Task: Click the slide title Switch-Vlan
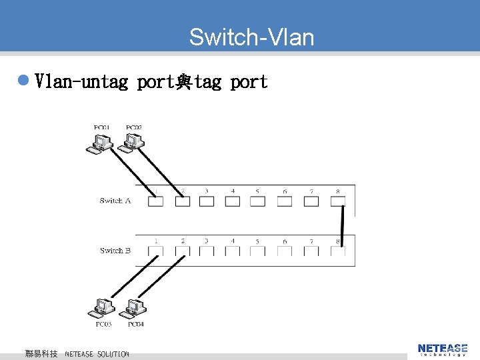[x=251, y=37]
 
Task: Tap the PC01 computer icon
[x=100, y=143]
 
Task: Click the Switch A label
[x=115, y=200]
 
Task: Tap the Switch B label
[x=115, y=251]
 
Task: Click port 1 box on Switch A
[x=155, y=201]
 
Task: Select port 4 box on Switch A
[x=233, y=201]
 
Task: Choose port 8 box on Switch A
[x=338, y=201]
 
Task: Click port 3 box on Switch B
[x=207, y=251]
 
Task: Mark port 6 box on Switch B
[x=285, y=251]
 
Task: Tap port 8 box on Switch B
[x=338, y=251]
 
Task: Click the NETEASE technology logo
[x=442, y=349]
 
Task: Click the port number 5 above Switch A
[x=257, y=191]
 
